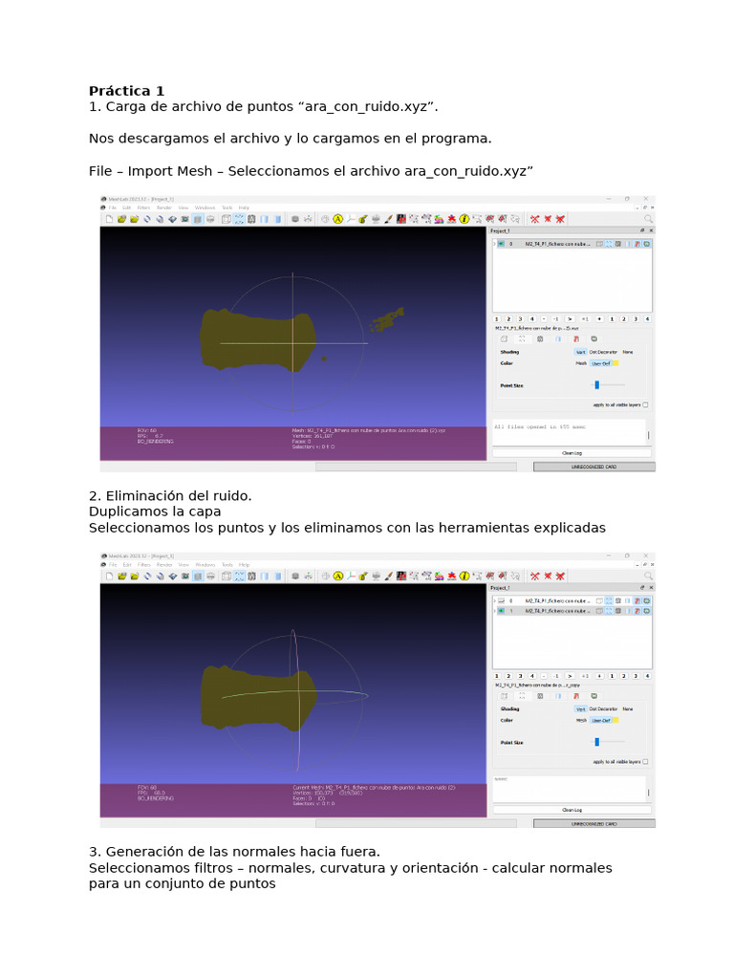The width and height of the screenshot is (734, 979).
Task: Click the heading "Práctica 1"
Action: tap(126, 91)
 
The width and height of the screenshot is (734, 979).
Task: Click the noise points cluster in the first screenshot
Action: tap(387, 321)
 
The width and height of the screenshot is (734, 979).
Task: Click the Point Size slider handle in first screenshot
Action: tap(596, 384)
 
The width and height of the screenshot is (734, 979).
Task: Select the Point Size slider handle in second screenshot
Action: tap(596, 741)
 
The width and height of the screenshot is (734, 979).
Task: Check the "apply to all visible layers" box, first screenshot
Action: tap(645, 404)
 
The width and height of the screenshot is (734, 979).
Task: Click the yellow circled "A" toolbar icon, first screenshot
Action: tap(337, 219)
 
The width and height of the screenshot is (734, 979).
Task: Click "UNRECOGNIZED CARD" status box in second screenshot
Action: tap(594, 823)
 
